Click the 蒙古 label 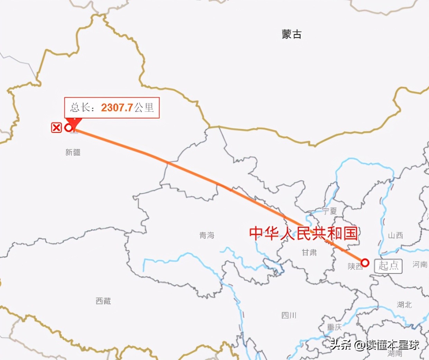pos(291,34)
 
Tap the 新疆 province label pos(73,152)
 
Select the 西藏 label pos(103,301)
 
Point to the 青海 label pos(207,235)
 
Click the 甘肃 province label pos(309,252)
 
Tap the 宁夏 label pos(330,211)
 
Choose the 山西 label pos(395,235)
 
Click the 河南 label pos(420,264)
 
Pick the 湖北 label pos(404,305)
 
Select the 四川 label pos(289,315)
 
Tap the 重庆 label pos(335,327)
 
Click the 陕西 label pos(355,266)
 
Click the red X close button pos(56,128)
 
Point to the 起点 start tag pos(389,266)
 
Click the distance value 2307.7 pos(117,108)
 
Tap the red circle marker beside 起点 pos(365,263)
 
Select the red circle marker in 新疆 pos(69,128)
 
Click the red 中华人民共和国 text pos(303,233)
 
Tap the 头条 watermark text pos(340,345)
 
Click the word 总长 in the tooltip pos(80,108)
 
